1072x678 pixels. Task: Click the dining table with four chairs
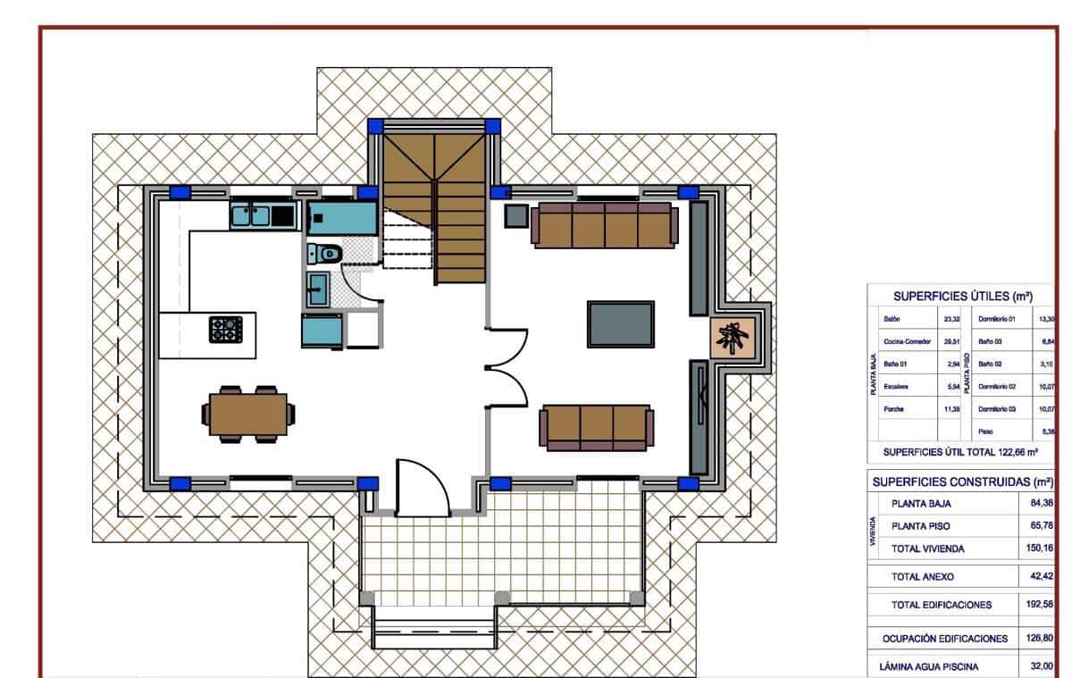(x=248, y=414)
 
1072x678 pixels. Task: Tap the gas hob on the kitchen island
(x=225, y=330)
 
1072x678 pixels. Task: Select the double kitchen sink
(x=251, y=215)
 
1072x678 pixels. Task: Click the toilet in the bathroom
(x=328, y=254)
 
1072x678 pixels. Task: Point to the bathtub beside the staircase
(x=342, y=217)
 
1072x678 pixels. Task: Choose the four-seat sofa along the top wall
(x=603, y=224)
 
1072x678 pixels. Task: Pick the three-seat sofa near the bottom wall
(x=597, y=427)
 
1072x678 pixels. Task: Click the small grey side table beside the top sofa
(x=516, y=215)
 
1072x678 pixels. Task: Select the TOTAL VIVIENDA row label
(x=927, y=548)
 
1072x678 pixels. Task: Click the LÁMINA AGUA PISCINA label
(x=929, y=666)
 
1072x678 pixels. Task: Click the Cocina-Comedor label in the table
(x=907, y=341)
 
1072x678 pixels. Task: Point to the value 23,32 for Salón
(x=951, y=318)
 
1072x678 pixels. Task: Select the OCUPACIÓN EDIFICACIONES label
(x=945, y=639)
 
